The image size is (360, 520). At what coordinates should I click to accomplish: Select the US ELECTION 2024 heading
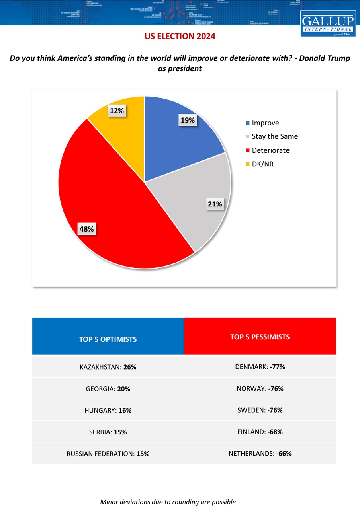point(180,36)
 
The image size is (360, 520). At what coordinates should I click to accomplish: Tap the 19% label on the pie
point(187,120)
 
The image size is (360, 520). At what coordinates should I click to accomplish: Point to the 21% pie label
point(215,204)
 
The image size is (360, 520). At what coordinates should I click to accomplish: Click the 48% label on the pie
point(86,229)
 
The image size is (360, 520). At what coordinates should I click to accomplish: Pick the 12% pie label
point(116,111)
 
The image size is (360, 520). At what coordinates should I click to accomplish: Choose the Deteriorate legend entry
point(270,150)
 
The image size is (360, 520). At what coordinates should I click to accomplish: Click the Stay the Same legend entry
point(274,136)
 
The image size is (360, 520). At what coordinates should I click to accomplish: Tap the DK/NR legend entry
point(262,164)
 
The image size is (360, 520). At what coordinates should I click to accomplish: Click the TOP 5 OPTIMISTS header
point(108,339)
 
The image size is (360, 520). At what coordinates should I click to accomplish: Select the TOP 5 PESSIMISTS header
point(260,337)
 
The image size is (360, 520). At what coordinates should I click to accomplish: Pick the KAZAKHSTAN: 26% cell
point(108,367)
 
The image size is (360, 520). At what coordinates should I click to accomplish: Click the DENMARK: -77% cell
point(260,367)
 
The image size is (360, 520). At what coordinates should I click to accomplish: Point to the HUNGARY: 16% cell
point(108,410)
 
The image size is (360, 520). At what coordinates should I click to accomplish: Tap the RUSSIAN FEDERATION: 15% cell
point(108,453)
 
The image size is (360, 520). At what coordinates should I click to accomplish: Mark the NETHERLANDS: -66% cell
point(260,453)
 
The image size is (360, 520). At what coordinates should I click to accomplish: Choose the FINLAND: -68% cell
point(260,432)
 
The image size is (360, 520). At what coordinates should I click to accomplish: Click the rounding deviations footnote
point(168,502)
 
